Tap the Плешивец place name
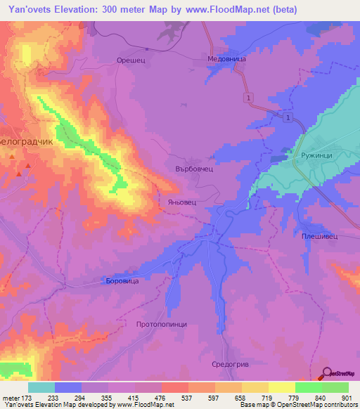[319, 237]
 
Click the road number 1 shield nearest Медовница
[249, 96]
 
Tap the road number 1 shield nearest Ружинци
[288, 118]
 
